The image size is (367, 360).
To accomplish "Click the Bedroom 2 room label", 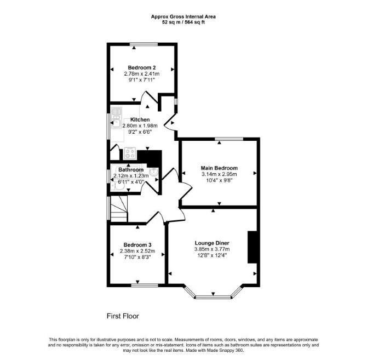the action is click(142, 67).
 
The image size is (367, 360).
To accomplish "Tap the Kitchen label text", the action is click(140, 119).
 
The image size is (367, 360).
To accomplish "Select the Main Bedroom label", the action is click(219, 168).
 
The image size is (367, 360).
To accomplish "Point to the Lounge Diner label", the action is click(212, 243).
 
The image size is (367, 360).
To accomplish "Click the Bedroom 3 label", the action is click(137, 245).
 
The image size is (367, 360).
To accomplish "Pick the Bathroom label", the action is click(131, 170).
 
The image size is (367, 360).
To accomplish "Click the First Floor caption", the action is click(123, 316).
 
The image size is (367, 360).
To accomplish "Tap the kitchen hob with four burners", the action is click(130, 153).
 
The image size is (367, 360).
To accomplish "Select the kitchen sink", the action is click(116, 118).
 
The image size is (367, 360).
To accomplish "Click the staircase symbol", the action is click(119, 209).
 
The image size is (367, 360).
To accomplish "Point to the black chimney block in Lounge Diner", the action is click(253, 247).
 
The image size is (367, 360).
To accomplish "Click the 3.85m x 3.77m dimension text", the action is click(212, 249).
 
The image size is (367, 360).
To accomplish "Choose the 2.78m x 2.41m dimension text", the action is click(142, 74).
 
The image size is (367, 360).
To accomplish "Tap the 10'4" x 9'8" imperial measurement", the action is click(219, 180).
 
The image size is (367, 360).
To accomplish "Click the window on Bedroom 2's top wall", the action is click(144, 44).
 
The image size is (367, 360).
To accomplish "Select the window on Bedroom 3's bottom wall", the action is click(145, 285).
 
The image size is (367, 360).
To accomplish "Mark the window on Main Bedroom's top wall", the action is click(229, 139).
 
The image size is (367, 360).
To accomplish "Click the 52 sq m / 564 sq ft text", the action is click(184, 22).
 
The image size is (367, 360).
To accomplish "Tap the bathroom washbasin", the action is click(154, 172).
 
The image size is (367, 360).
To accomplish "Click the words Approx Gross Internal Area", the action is click(184, 17).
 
